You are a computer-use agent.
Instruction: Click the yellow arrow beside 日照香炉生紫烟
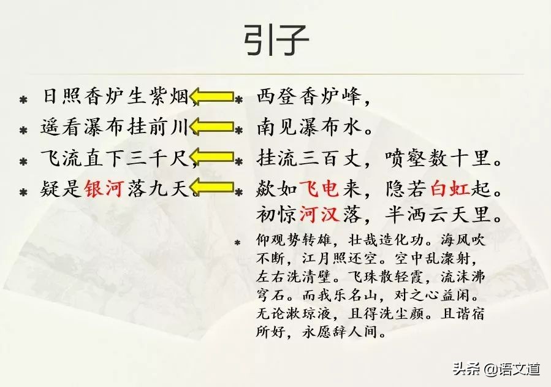(x=212, y=96)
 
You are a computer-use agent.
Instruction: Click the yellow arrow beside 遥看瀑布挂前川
(x=212, y=127)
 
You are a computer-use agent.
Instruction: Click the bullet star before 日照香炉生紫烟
(x=23, y=98)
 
